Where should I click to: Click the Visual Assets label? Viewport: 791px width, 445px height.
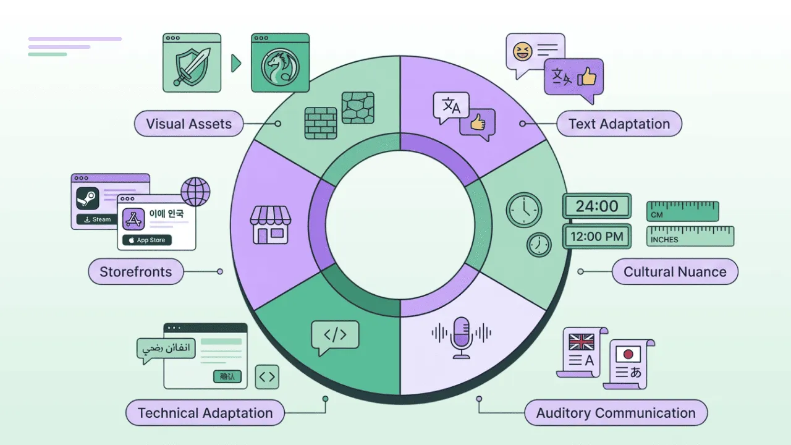click(x=188, y=124)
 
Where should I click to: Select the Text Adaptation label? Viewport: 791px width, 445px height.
click(x=619, y=124)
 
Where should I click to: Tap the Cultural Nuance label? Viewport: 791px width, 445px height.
click(x=674, y=272)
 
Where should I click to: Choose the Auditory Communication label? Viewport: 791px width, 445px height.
click(x=615, y=413)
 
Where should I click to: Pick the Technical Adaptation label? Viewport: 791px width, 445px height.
click(x=205, y=413)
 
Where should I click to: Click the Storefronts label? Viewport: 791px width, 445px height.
click(x=135, y=272)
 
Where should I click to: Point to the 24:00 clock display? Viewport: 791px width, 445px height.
click(x=596, y=206)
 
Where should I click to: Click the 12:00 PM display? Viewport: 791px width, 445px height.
click(x=596, y=236)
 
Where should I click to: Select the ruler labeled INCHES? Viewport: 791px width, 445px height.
click(x=690, y=236)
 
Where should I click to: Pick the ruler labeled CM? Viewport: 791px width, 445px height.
click(x=682, y=211)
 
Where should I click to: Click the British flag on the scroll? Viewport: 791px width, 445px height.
click(x=581, y=342)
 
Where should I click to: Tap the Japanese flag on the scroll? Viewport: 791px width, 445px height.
click(x=628, y=354)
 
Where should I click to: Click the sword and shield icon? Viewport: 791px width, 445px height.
click(x=192, y=62)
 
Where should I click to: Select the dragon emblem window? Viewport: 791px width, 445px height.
click(x=279, y=62)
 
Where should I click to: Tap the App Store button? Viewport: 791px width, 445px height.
click(x=146, y=240)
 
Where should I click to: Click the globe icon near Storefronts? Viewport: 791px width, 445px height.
click(x=195, y=192)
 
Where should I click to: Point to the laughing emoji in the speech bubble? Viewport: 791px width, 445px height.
click(x=523, y=51)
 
